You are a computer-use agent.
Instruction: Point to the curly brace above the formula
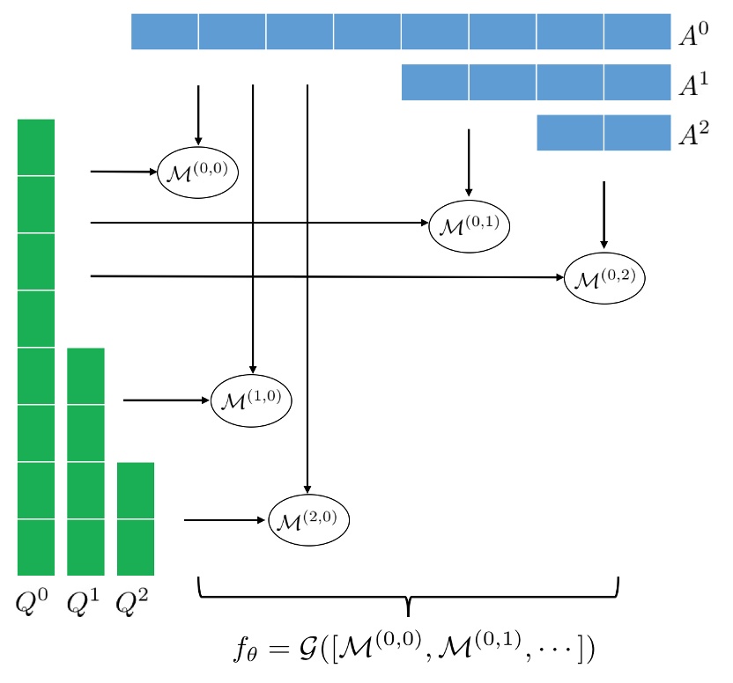pos(409,596)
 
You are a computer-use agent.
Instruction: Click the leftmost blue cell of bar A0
pos(165,32)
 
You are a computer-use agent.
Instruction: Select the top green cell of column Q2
pos(136,490)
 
